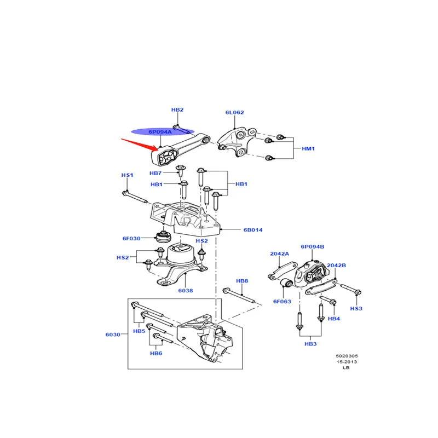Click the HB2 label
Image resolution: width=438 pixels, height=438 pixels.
tap(177, 110)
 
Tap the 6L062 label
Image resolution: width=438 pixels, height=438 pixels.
tap(235, 112)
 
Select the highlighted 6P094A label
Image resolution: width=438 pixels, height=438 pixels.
tap(160, 131)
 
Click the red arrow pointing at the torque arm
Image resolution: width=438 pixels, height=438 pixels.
tap(140, 144)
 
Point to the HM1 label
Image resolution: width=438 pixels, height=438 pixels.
tap(308, 148)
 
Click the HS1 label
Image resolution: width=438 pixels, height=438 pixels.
tap(127, 175)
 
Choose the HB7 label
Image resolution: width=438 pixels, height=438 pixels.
tap(155, 173)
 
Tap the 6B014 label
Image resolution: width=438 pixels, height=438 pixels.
tap(253, 230)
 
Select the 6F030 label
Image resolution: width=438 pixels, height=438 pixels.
tap(131, 238)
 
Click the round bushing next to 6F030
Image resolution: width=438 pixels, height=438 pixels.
tap(163, 237)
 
